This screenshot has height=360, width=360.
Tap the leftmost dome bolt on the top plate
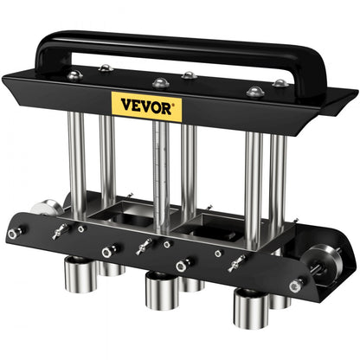pos(76,76)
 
